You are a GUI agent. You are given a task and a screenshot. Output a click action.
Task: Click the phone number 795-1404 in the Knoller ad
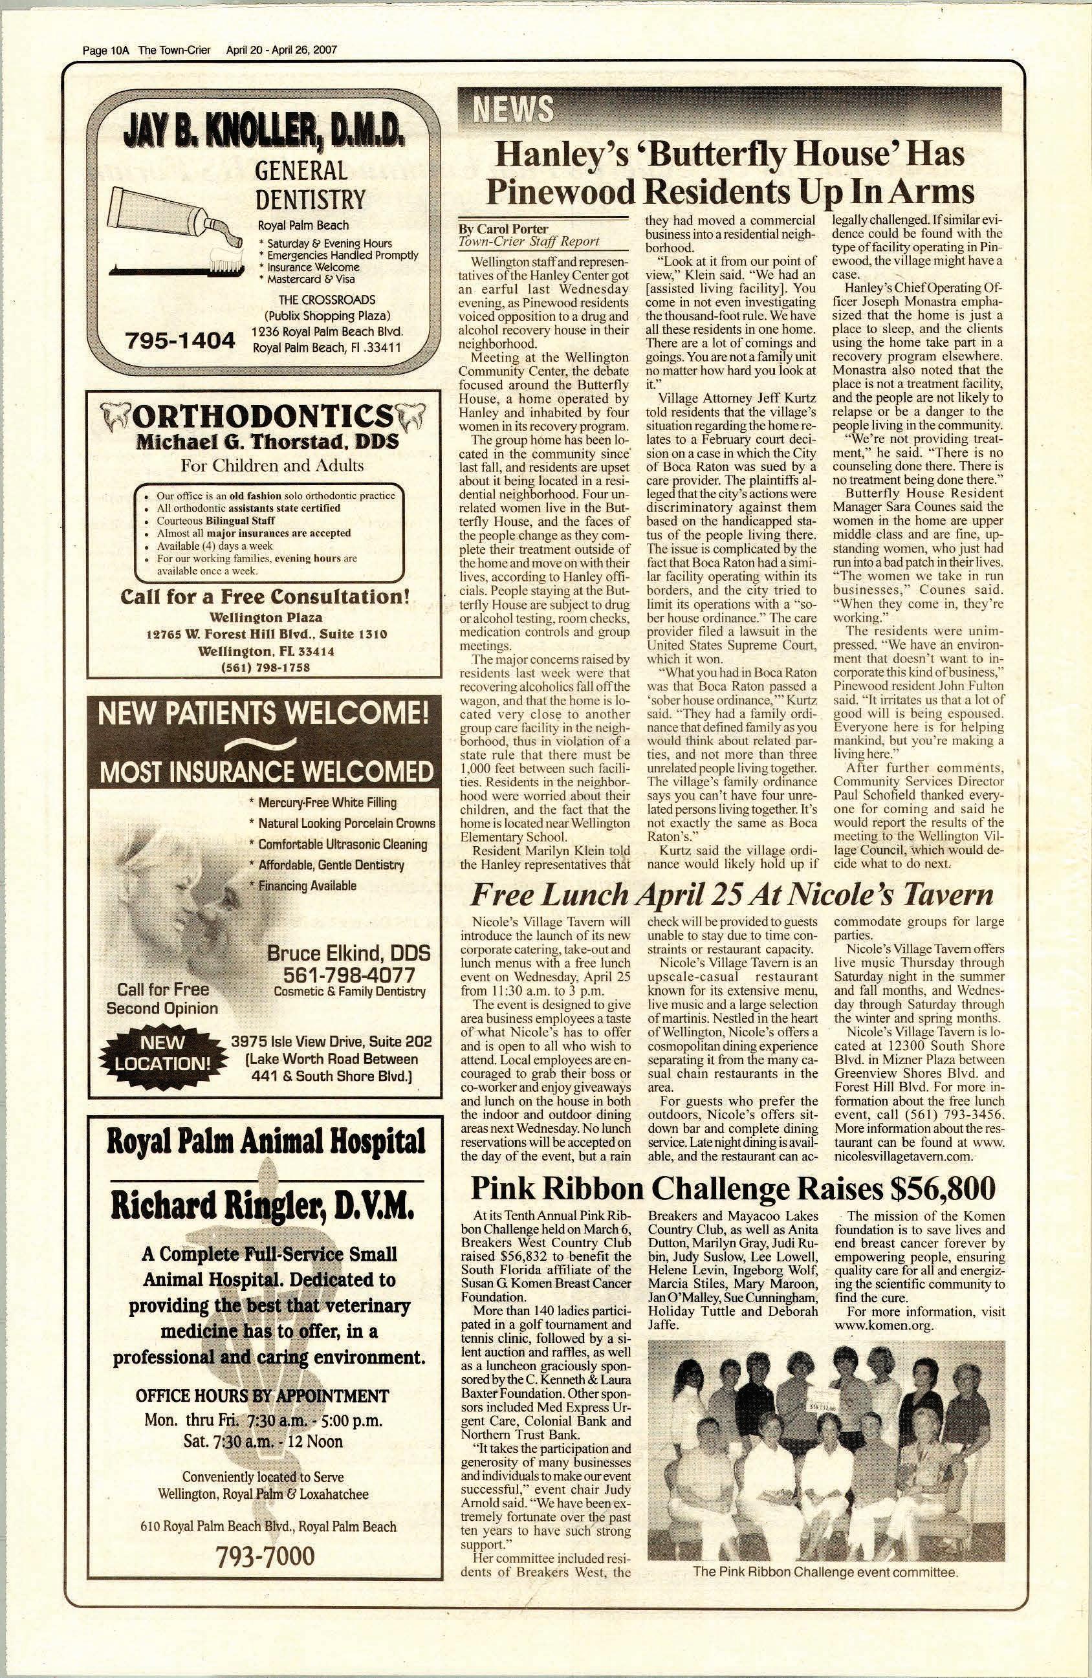pos(179,342)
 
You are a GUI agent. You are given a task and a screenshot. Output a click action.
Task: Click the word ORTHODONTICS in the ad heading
pos(263,417)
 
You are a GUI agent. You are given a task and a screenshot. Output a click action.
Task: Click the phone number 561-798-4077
pos(349,975)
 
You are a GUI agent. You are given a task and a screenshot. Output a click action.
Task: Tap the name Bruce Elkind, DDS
pos(348,954)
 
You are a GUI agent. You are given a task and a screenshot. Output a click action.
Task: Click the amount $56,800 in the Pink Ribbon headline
pos(943,1190)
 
